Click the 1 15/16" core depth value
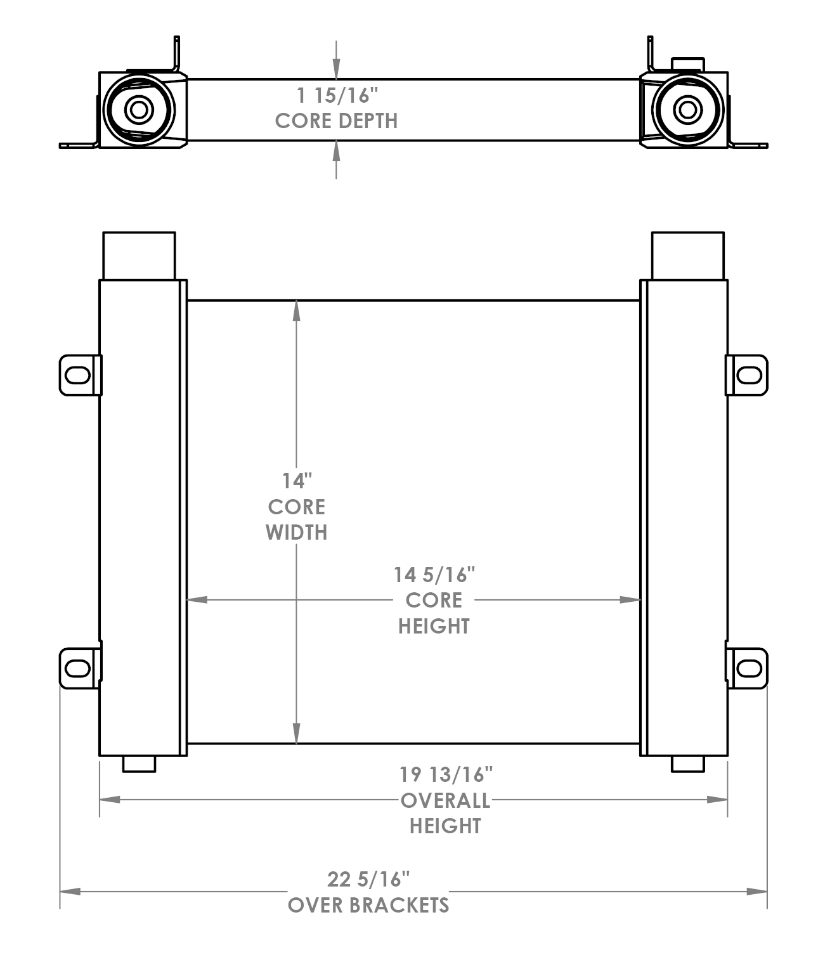click(337, 96)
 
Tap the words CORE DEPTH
click(336, 120)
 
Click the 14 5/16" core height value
click(434, 575)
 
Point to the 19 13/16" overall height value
click(446, 774)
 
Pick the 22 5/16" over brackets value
click(368, 879)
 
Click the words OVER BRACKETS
click(368, 905)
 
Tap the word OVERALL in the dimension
click(445, 800)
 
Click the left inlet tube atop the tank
click(139, 255)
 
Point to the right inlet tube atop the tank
click(687, 255)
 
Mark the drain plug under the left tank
click(139, 764)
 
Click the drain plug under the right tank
click(687, 764)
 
